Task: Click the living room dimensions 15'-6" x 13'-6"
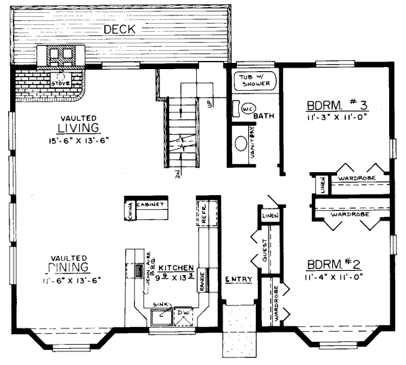tap(78, 140)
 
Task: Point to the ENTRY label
tap(238, 279)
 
